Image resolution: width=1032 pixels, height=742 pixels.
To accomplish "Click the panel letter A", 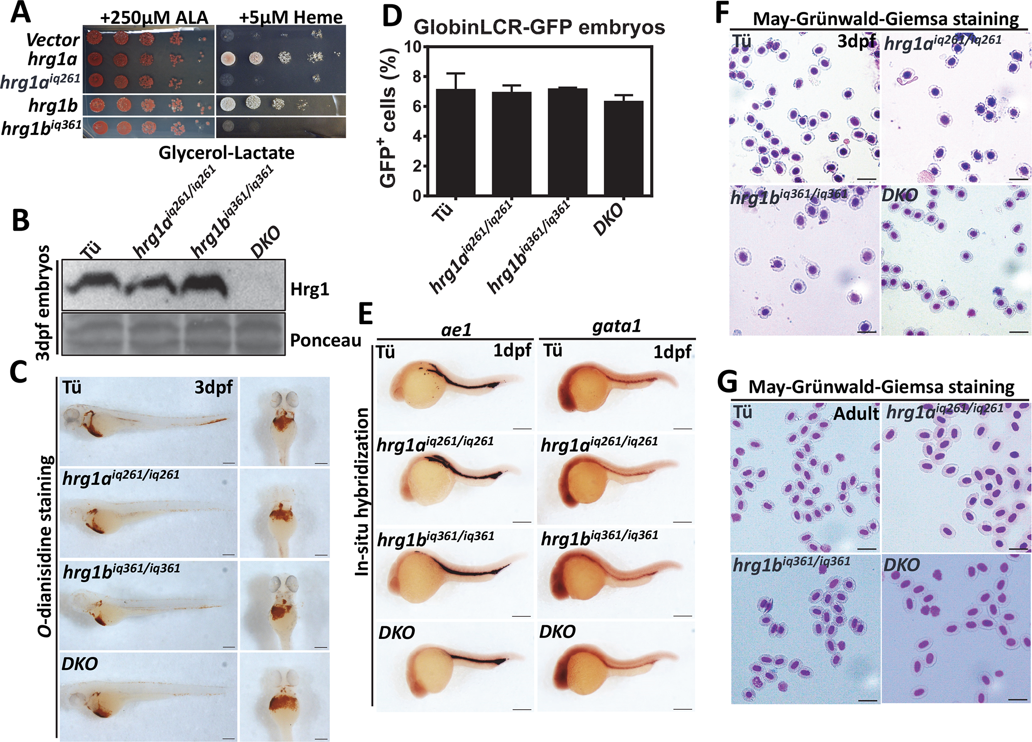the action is pos(20,13).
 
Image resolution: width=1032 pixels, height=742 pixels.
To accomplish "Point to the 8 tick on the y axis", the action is pos(417,76).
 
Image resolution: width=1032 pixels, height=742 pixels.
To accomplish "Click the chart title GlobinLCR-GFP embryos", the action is pos(539,27).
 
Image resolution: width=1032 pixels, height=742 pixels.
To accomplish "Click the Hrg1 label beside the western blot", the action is pos(309,289).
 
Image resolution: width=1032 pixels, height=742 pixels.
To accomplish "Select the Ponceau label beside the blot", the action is pos(325,340).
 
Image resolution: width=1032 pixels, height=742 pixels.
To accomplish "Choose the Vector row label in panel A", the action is pos(53,39).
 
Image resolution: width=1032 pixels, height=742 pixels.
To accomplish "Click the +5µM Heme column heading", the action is pos(290,18).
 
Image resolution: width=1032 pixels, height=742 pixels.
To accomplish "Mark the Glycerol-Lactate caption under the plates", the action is pos(226,153).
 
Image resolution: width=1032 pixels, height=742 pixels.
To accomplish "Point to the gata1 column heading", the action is pos(616,326).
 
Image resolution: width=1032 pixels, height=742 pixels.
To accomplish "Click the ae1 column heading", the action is pos(456,329).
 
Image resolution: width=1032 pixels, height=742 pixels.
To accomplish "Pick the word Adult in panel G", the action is pos(856,414).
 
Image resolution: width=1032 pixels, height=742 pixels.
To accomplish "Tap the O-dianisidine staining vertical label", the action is pos(45,546).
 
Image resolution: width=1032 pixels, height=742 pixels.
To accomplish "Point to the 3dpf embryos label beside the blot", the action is pos(43,302).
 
